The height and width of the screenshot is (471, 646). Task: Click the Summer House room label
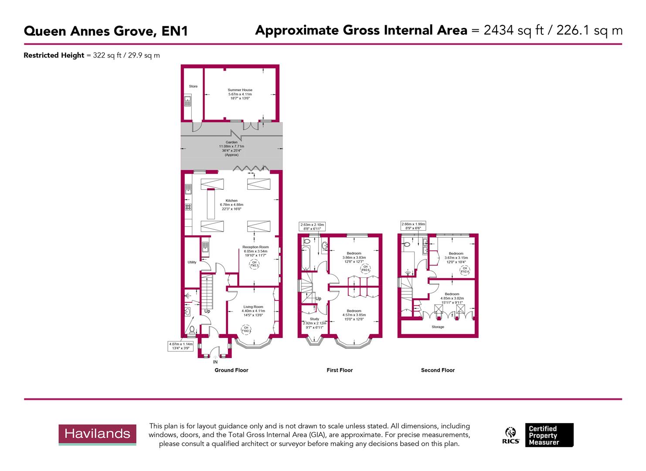(x=240, y=90)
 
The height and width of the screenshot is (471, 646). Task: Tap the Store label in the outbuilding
(x=193, y=86)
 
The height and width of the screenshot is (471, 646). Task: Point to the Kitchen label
(x=231, y=201)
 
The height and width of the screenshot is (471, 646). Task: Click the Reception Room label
(x=255, y=247)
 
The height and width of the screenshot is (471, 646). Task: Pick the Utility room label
(x=192, y=262)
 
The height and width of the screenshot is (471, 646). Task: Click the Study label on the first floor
(x=314, y=319)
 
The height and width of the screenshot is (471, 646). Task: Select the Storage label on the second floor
(x=438, y=327)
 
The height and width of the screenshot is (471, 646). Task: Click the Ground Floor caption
(x=231, y=370)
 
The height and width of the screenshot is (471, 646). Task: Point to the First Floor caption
(x=340, y=370)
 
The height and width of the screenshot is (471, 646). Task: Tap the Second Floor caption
(x=438, y=370)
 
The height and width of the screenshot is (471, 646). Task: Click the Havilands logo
(x=97, y=434)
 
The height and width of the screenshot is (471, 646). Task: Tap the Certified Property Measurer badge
(x=549, y=435)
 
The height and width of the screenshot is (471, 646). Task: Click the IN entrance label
(x=215, y=362)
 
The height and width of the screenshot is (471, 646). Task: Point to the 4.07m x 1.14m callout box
(x=181, y=346)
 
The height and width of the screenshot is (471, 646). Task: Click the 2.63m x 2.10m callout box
(x=312, y=227)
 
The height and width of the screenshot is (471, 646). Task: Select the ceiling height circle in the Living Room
(x=246, y=329)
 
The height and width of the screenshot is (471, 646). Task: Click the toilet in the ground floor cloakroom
(x=192, y=330)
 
